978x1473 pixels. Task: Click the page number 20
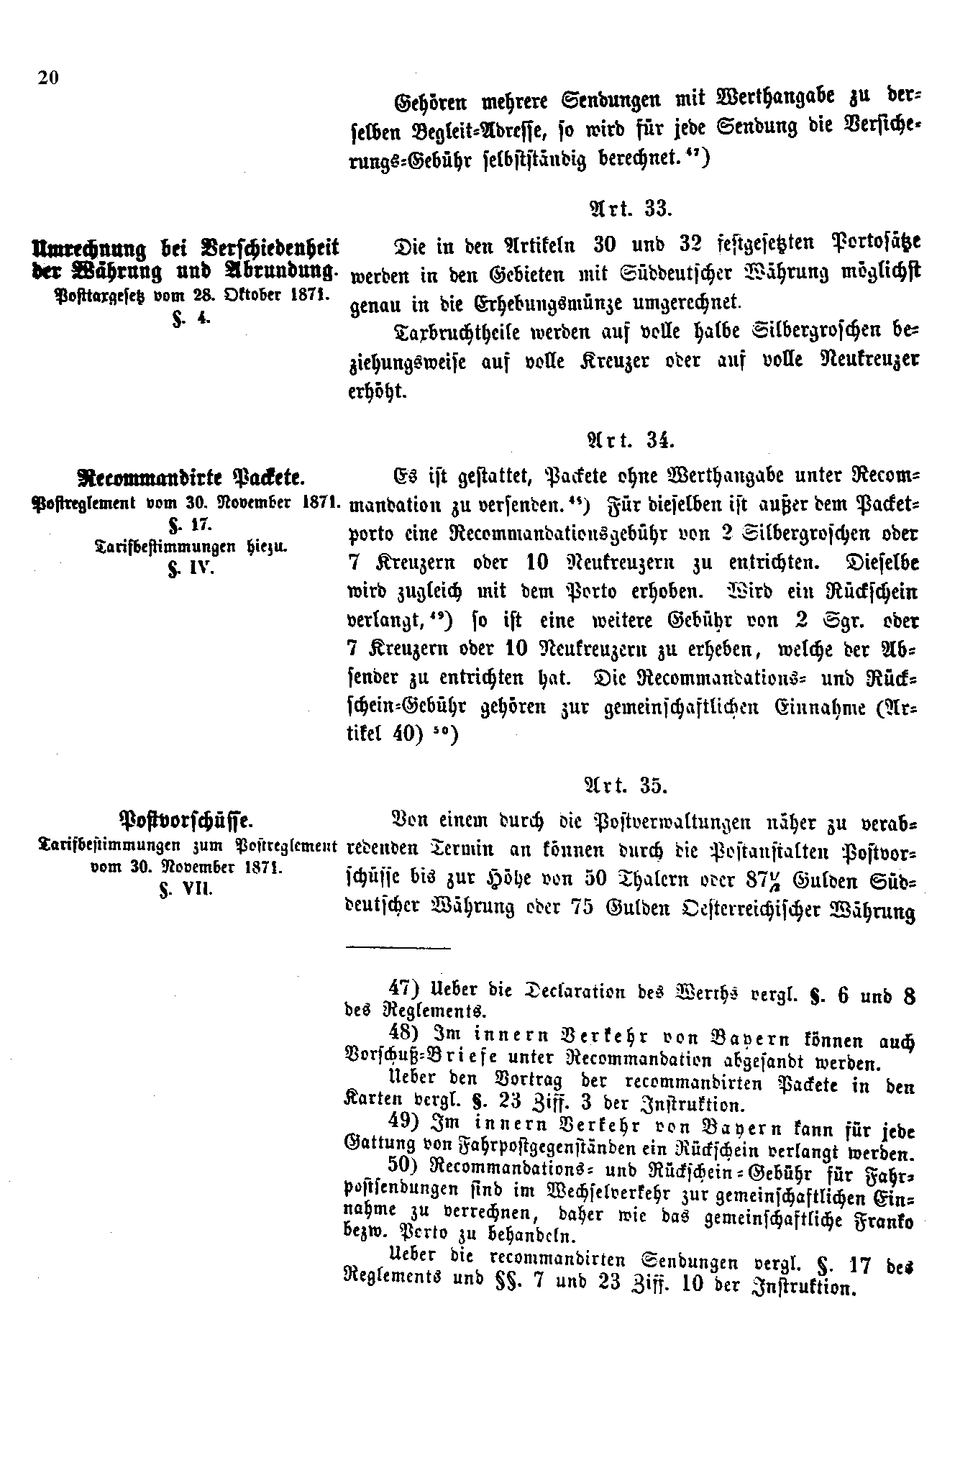pos(47,78)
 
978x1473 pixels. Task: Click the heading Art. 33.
pos(630,209)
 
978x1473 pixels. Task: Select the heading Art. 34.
pos(629,439)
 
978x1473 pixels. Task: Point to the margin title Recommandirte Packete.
pos(190,476)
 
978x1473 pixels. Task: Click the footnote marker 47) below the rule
pos(401,990)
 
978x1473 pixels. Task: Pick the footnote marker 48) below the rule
pos(401,1034)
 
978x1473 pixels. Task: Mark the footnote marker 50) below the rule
pos(401,1172)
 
